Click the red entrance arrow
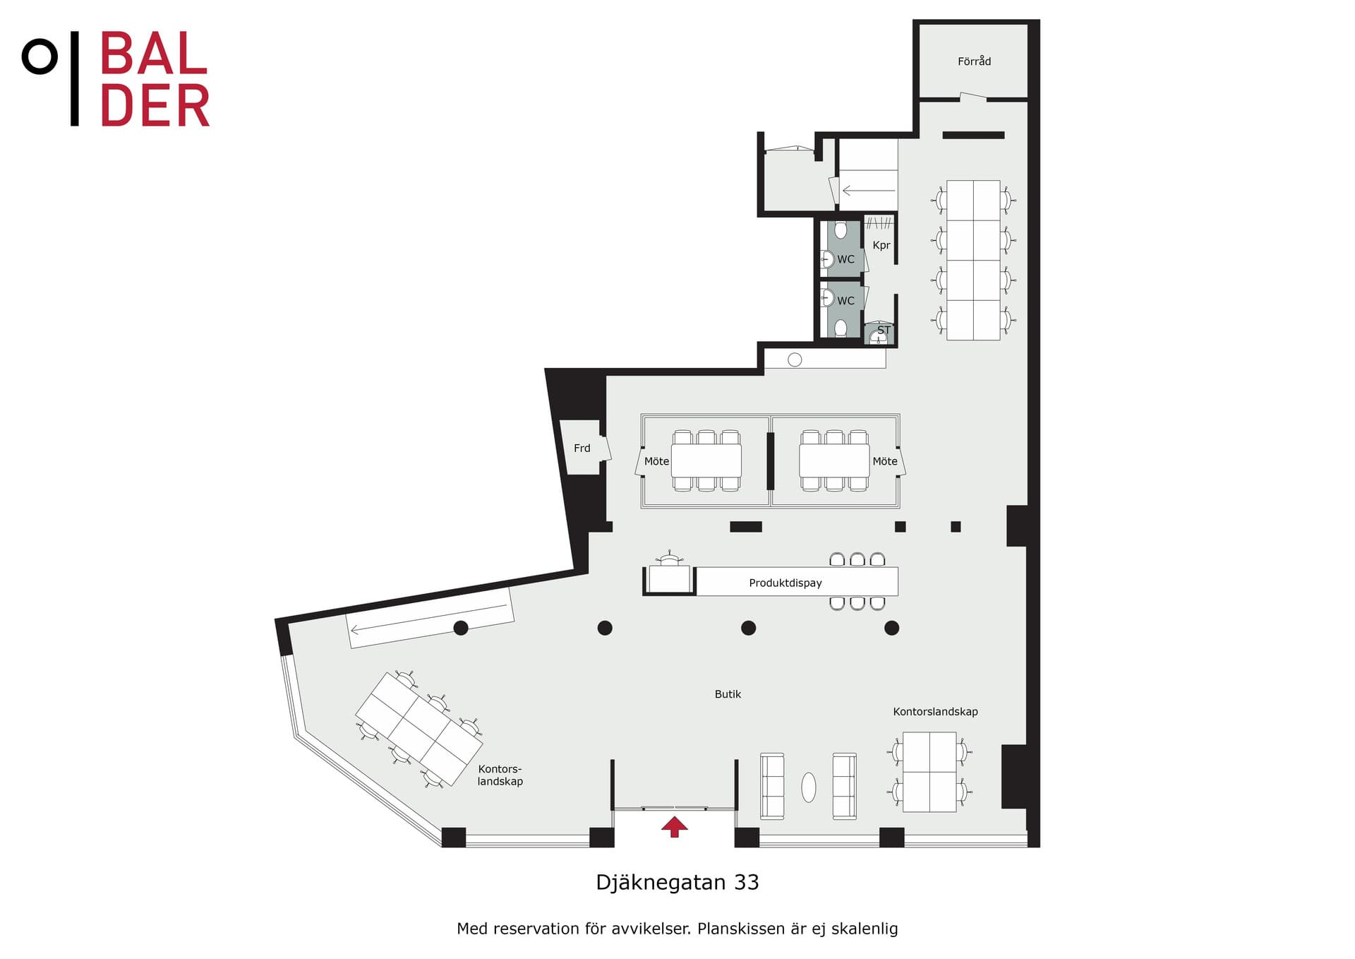[675, 826]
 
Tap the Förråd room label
[974, 61]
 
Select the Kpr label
[881, 246]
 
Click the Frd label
[582, 448]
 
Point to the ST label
[884, 330]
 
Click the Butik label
[728, 694]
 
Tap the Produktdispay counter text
[785, 583]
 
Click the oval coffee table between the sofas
[809, 787]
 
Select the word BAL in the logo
[154, 54]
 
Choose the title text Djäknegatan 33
[677, 883]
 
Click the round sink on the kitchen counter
[795, 359]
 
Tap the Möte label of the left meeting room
[656, 461]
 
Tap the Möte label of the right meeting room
[885, 461]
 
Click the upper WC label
[845, 260]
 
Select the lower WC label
[845, 301]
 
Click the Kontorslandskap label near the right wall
[935, 712]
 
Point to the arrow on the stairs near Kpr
[869, 191]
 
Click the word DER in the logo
[155, 106]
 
